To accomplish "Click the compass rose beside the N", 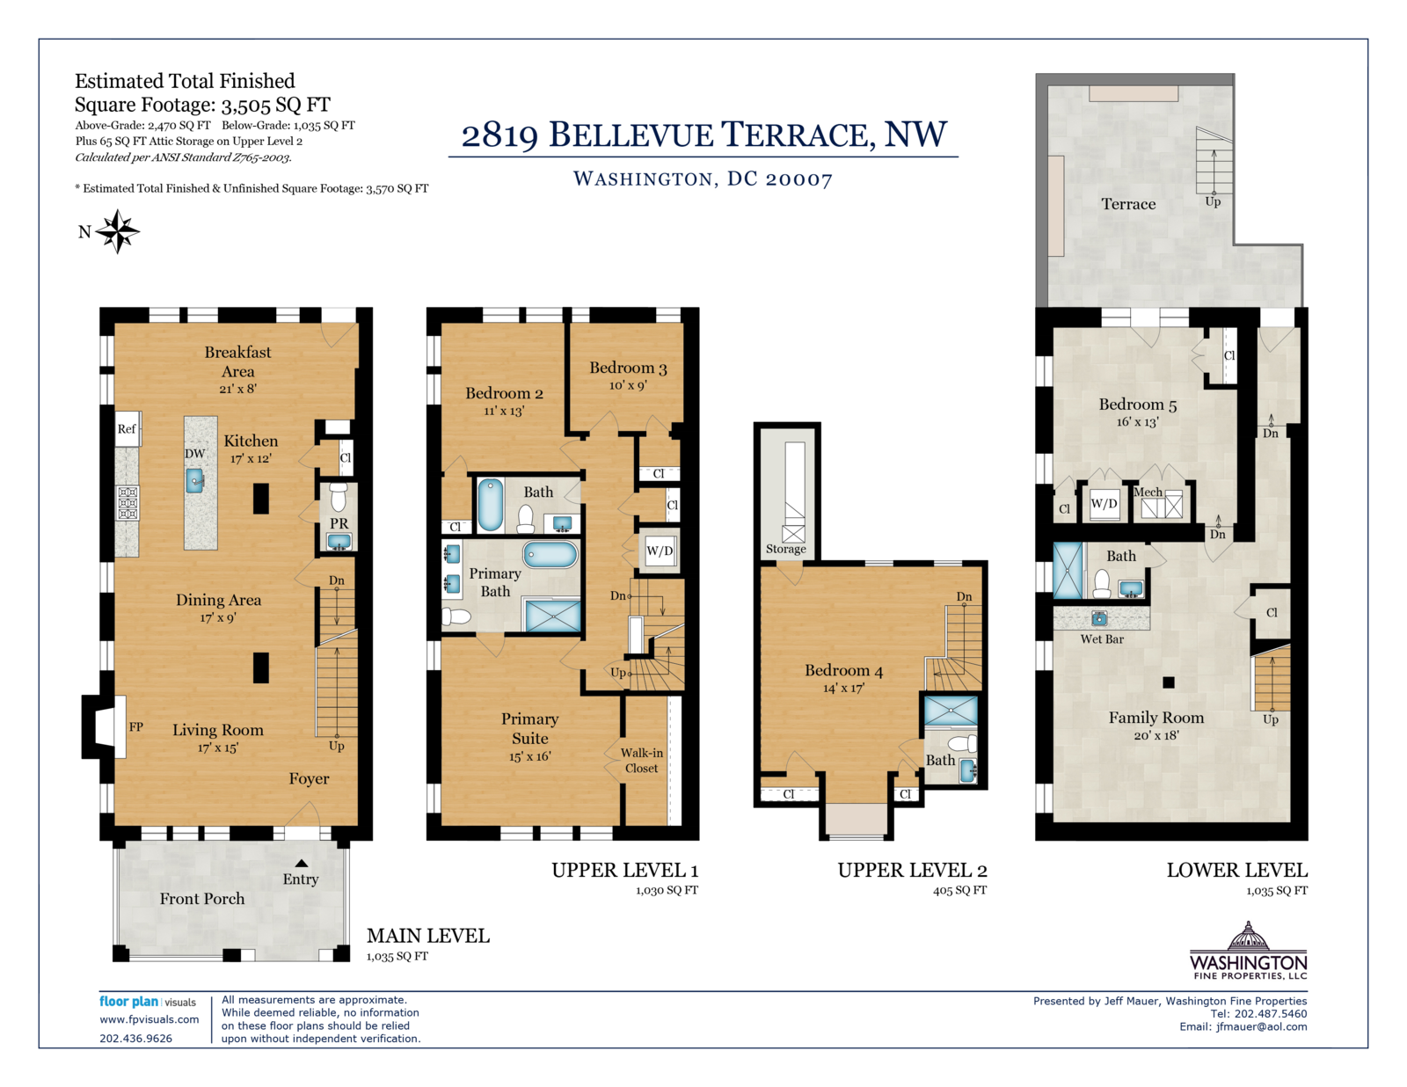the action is pos(117,231).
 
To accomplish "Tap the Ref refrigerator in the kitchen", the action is pos(128,428).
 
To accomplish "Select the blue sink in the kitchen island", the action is pos(195,480).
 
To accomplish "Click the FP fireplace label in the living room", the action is pos(135,726).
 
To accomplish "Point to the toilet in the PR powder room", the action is pos(338,498).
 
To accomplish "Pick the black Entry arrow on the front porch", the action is pos(301,863).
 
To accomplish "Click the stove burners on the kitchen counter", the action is pos(128,502).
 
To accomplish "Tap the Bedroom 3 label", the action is pos(627,368).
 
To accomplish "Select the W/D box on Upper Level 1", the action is pos(660,551).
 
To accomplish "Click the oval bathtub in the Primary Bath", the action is pos(550,555).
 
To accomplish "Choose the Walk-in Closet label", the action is pos(641,760).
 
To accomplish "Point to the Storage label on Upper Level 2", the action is pos(785,549).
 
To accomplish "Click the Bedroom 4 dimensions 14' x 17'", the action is pos(843,689).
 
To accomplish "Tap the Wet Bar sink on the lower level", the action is pos(1098,617).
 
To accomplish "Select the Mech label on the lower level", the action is pos(1148,492).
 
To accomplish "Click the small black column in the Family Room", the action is pos(1168,682).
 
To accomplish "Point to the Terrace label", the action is pos(1128,204).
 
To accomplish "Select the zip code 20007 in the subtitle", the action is pos(799,179).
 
